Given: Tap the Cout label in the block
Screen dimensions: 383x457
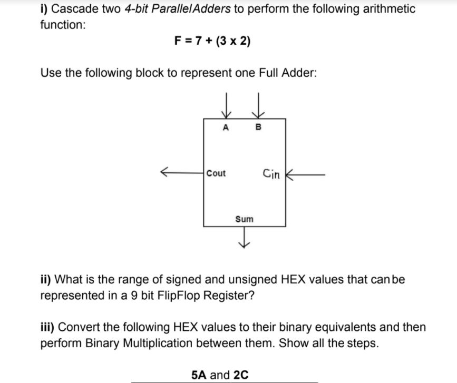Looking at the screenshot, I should [216, 173].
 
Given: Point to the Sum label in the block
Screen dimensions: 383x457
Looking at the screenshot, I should [244, 218].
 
